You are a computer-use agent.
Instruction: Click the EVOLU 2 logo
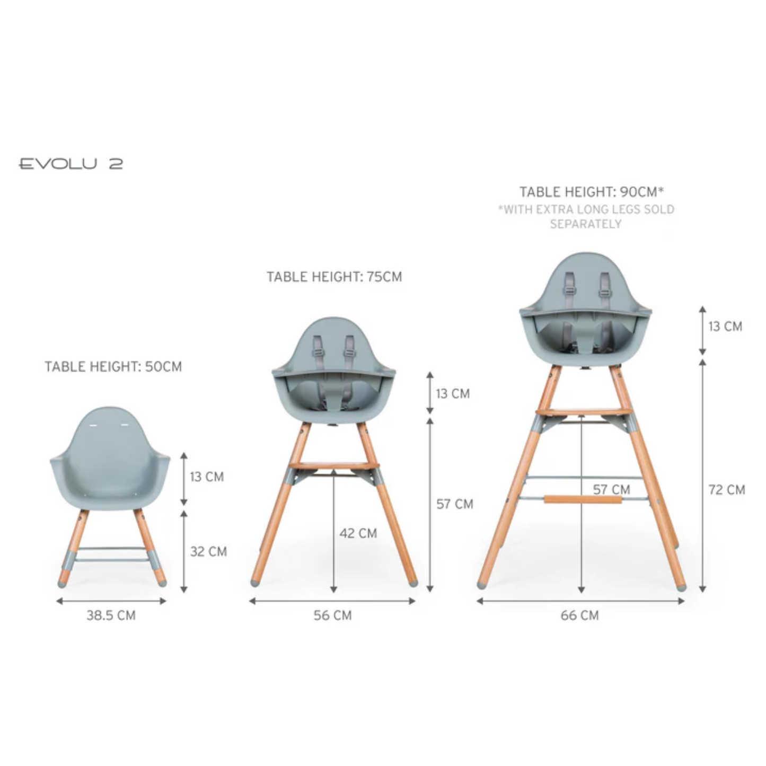(71, 164)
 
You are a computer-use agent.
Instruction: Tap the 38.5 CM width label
(111, 615)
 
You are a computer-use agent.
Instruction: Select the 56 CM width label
(332, 615)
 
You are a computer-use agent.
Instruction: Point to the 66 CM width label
(579, 615)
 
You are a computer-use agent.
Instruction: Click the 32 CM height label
(208, 551)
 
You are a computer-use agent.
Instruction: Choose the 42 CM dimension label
(358, 533)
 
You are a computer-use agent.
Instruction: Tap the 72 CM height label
(727, 490)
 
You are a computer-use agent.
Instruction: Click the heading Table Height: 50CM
(113, 366)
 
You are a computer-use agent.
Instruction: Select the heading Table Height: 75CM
(334, 277)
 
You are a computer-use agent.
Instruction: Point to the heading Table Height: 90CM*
(592, 192)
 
